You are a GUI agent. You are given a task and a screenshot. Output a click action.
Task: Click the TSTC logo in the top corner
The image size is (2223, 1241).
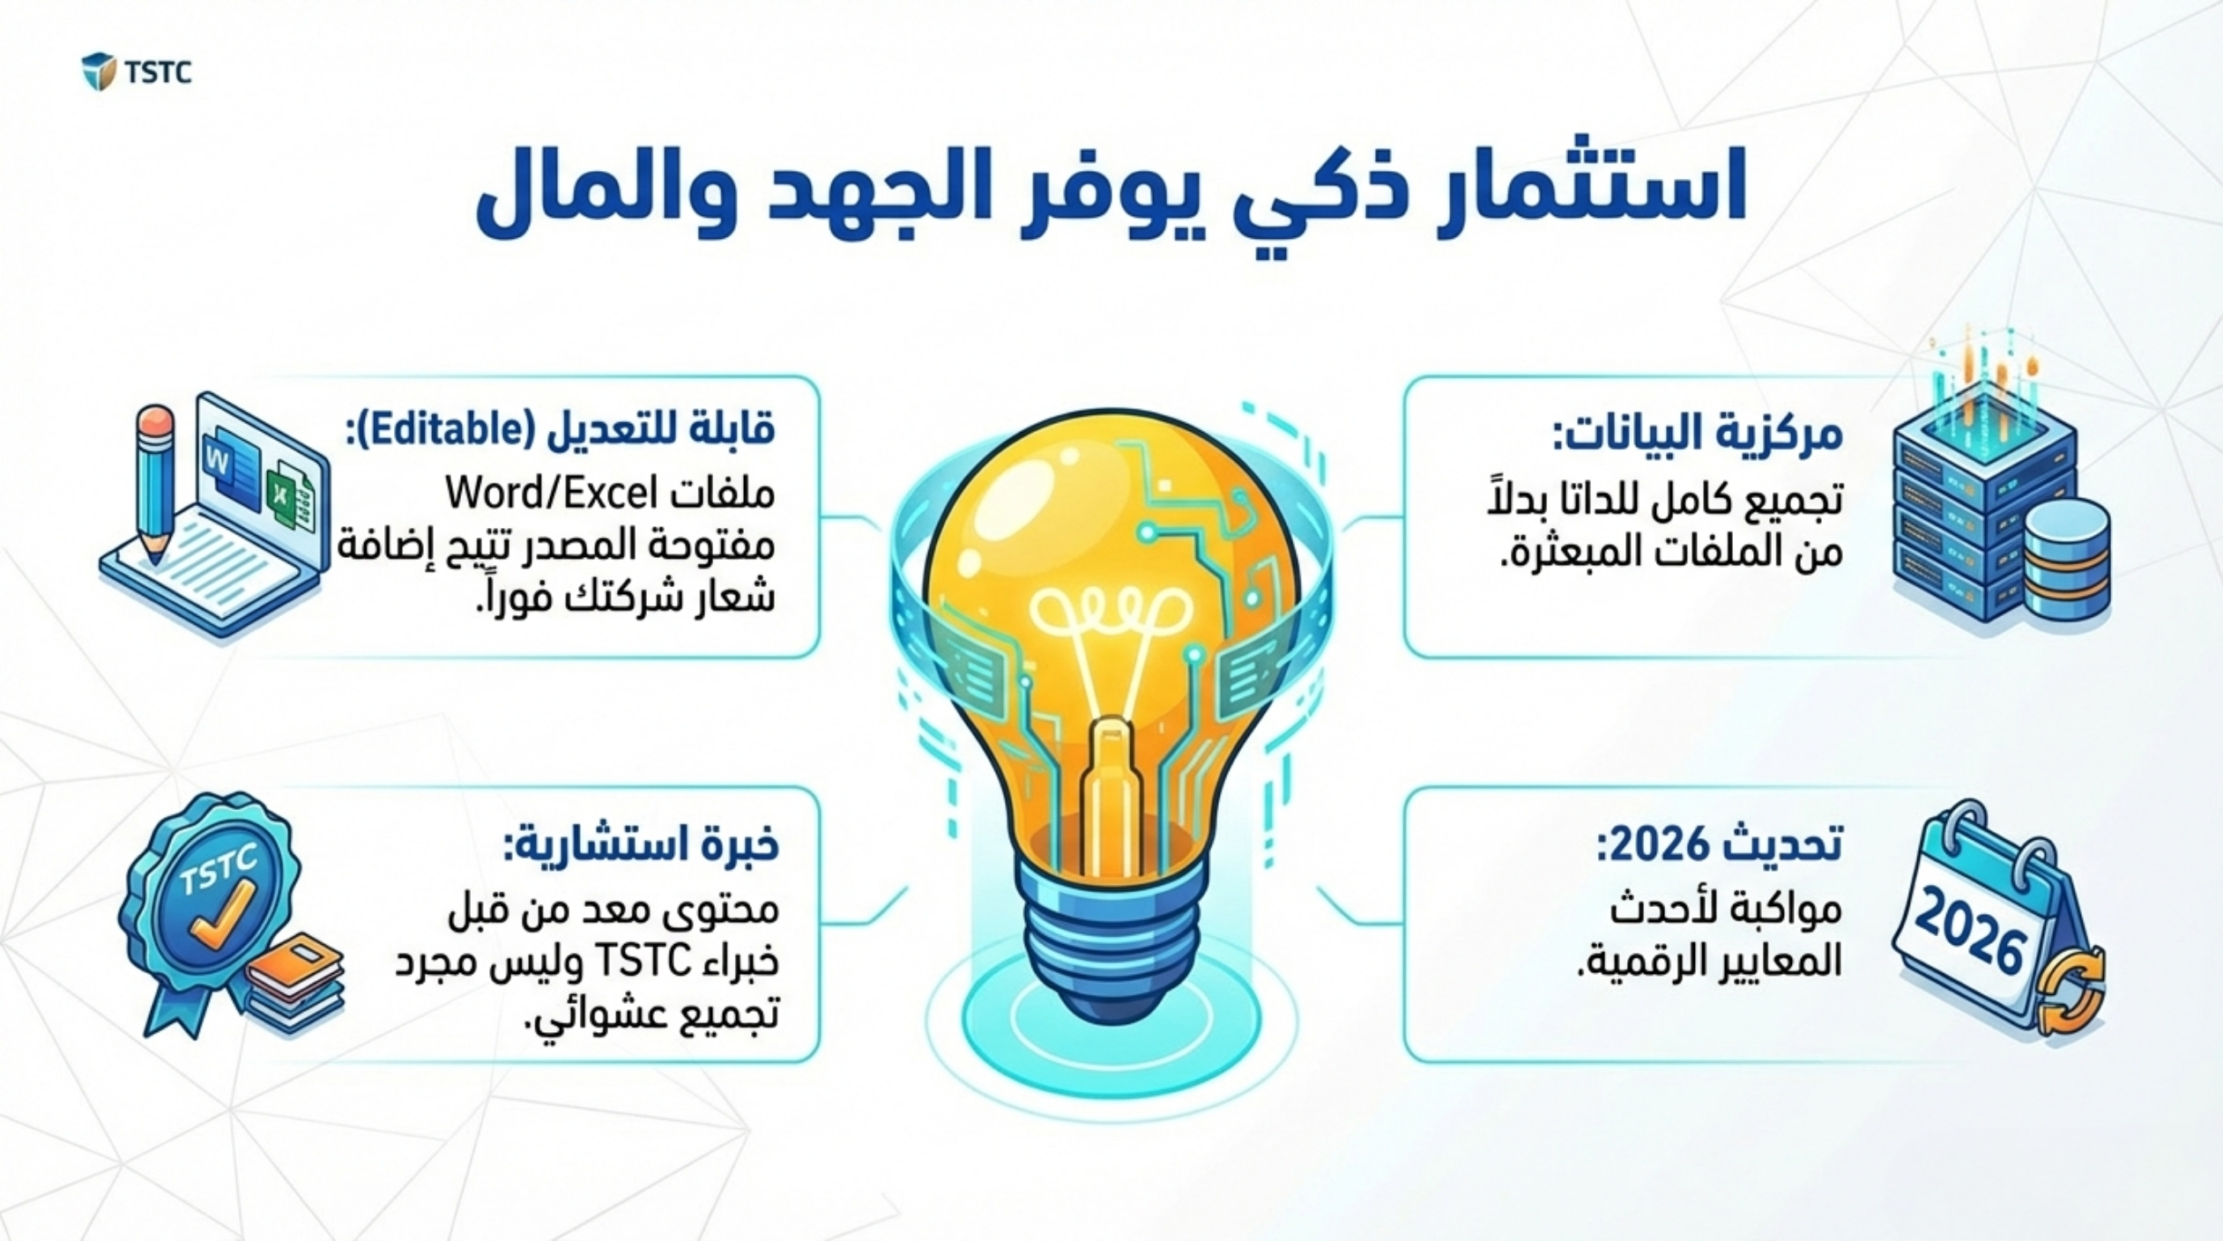click(x=137, y=71)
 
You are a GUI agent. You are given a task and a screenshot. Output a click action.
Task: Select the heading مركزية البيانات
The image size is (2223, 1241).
click(x=1698, y=433)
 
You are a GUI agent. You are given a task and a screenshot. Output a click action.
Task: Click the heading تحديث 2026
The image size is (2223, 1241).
click(x=1719, y=843)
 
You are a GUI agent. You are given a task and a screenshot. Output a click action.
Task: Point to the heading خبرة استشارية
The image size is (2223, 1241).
click(x=641, y=844)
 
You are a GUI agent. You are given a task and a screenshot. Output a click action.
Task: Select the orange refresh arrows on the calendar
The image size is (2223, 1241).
click(x=2072, y=991)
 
